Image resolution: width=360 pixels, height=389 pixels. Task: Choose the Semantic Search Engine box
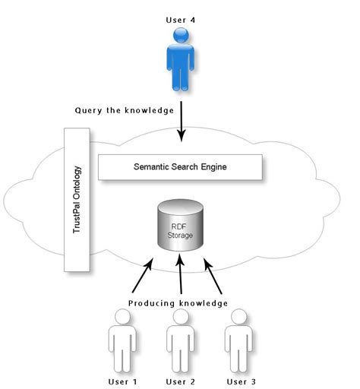[180, 166]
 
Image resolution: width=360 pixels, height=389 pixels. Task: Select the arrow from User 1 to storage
[141, 276]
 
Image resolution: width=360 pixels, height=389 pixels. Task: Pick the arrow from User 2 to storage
[180, 275]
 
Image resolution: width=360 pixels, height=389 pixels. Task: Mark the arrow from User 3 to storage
[215, 275]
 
